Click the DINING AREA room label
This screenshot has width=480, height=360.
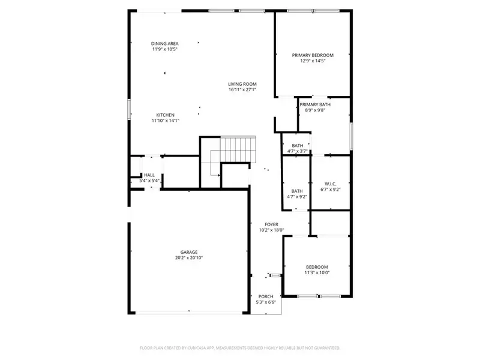[164, 44]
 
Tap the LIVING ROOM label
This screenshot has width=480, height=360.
[242, 84]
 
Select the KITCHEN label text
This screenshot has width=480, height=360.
[166, 115]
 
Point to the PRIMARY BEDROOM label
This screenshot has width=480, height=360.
[313, 55]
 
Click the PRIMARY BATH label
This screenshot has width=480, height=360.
[315, 104]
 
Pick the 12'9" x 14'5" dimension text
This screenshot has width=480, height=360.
[313, 61]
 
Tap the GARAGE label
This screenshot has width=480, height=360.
[189, 252]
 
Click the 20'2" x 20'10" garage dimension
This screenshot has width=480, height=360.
[189, 258]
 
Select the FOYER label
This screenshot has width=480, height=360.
[272, 224]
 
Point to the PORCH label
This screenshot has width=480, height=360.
[266, 296]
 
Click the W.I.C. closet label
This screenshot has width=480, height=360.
[331, 184]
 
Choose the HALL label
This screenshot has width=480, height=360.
[149, 175]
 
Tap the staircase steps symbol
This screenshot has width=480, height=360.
[238, 149]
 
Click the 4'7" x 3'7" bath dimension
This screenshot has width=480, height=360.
[297, 151]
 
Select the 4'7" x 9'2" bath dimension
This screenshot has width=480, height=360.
[297, 197]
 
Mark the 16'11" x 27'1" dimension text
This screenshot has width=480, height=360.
[242, 89]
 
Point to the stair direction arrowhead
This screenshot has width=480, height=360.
[219, 175]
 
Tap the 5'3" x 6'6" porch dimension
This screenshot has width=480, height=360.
[266, 302]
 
